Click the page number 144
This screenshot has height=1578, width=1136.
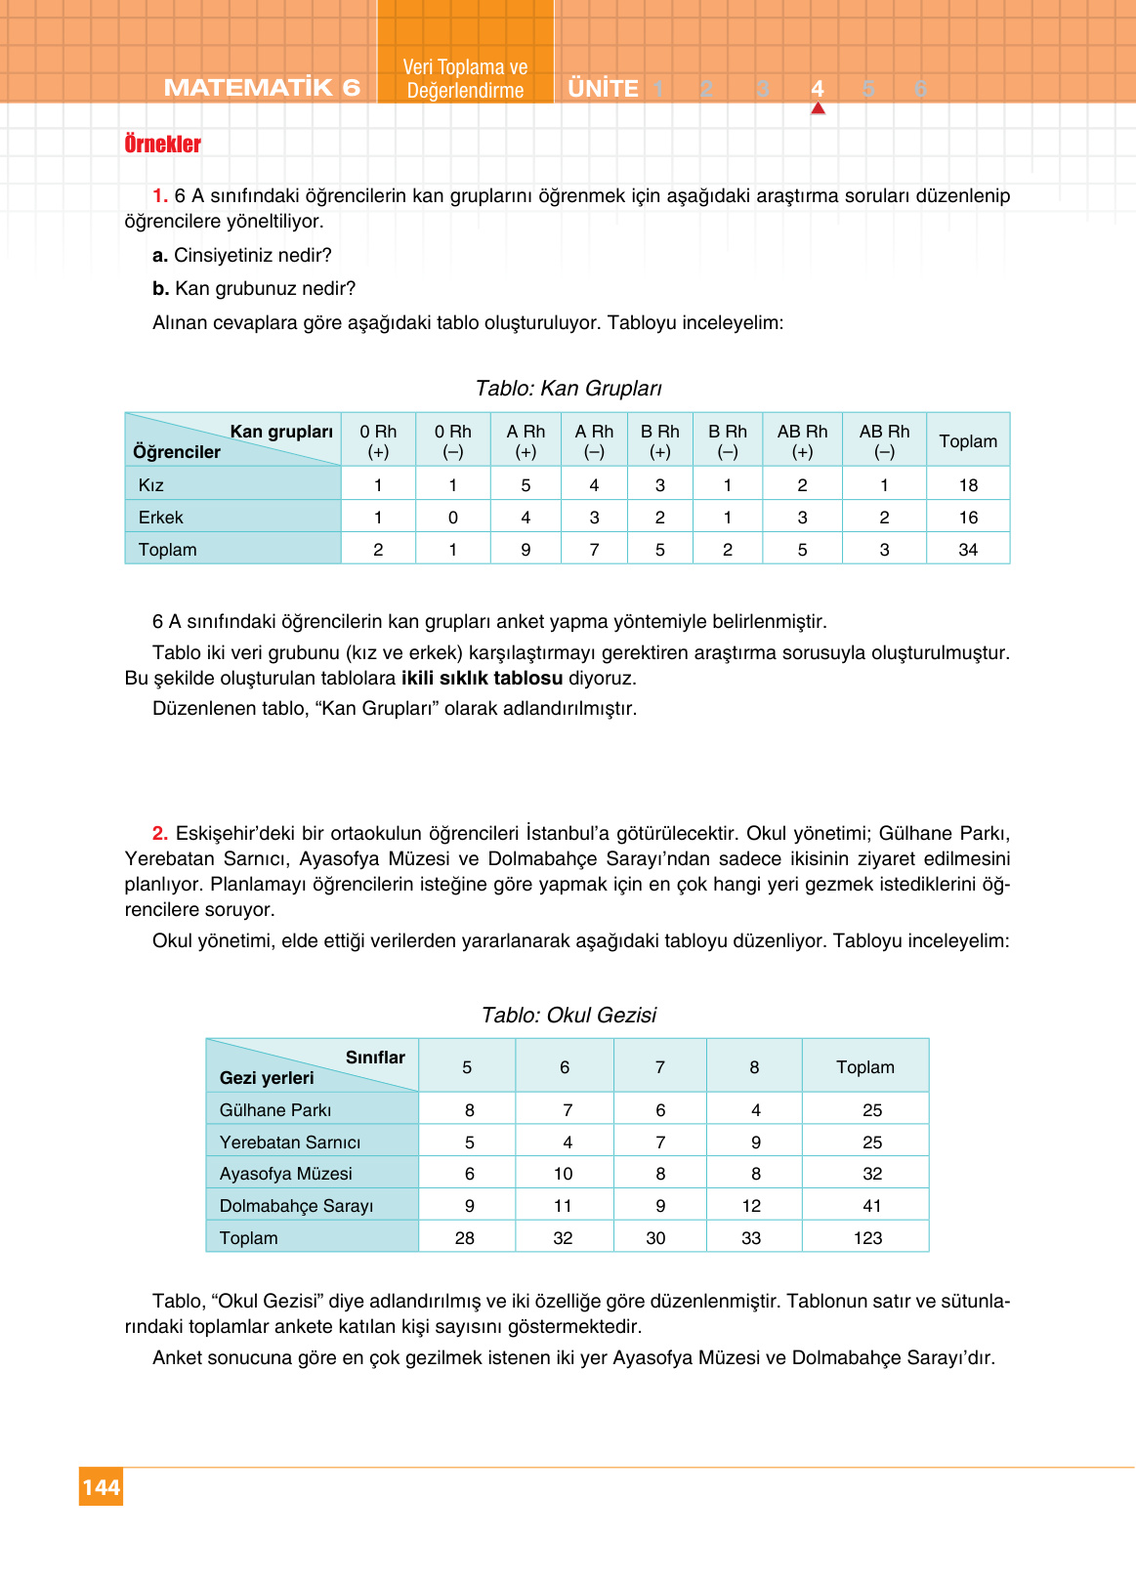[x=101, y=1487]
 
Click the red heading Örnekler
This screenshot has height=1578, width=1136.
[x=162, y=145]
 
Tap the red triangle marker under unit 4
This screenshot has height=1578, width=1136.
[x=818, y=108]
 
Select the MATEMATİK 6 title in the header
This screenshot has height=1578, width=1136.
[x=262, y=88]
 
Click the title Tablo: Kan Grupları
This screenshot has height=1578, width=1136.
[x=568, y=389]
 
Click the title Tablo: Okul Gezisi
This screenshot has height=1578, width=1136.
[x=568, y=1016]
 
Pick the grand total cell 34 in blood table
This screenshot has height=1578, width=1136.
[x=967, y=550]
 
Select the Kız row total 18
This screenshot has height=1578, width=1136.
[x=967, y=485]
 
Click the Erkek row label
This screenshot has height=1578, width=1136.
[x=161, y=518]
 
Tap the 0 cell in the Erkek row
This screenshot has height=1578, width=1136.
[x=452, y=518]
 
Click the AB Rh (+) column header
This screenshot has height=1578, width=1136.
[x=802, y=441]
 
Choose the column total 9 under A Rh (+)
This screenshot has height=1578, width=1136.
[x=526, y=550]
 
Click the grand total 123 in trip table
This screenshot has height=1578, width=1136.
[x=866, y=1238]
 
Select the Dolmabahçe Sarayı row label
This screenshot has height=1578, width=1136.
[x=296, y=1206]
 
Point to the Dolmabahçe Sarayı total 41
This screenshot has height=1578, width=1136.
[x=871, y=1206]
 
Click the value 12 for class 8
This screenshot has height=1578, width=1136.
[x=751, y=1206]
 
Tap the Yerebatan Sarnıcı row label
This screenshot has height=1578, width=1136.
[x=290, y=1142]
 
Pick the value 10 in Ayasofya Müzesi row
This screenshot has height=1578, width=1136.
[x=563, y=1174]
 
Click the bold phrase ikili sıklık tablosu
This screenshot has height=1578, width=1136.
[x=482, y=678]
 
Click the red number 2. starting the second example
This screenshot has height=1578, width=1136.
[x=160, y=833]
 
